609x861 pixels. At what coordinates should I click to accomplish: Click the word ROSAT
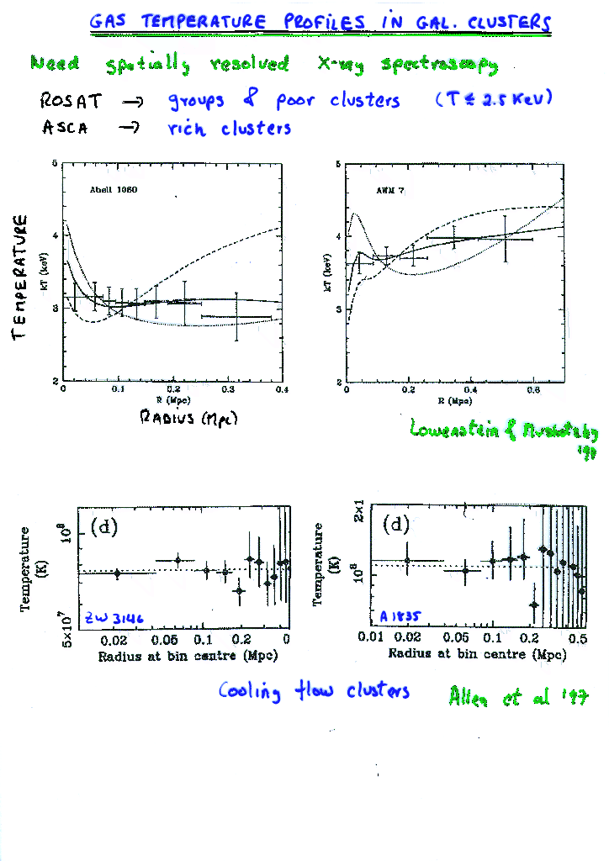(71, 102)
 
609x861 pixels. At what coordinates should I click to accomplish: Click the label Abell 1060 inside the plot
(114, 190)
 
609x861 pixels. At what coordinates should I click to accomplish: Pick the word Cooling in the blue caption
(249, 691)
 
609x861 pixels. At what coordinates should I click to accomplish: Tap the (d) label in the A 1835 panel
(396, 525)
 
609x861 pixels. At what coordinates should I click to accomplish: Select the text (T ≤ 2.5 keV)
(493, 99)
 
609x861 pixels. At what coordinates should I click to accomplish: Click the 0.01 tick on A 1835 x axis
(371, 637)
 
